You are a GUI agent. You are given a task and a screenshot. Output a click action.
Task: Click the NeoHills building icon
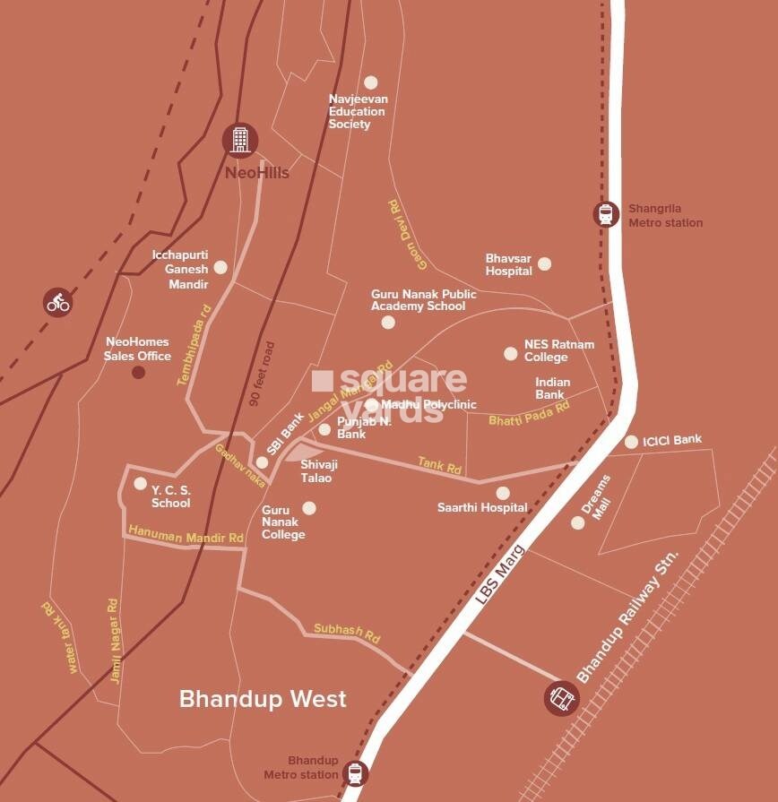239,139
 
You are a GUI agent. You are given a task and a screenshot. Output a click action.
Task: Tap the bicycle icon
58,302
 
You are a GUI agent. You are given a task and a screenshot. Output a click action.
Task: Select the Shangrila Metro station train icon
607,214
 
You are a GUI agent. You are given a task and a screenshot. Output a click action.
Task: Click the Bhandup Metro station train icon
356,773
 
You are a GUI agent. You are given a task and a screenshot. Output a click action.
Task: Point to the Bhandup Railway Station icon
561,698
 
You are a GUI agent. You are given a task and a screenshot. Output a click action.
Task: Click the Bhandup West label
263,699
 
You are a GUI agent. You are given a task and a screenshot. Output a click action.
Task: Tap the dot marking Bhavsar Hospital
544,263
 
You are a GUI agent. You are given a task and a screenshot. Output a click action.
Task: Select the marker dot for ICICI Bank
631,441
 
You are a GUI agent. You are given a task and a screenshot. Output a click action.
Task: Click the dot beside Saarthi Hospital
503,493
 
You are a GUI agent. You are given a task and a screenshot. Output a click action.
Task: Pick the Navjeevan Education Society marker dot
371,82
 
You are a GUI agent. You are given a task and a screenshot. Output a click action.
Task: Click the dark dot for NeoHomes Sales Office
138,372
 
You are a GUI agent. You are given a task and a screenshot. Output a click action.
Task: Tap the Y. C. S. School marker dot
140,483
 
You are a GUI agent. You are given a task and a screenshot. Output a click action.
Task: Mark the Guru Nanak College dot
309,508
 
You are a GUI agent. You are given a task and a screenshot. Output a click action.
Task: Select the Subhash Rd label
347,633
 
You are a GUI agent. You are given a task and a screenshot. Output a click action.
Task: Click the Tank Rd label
439,464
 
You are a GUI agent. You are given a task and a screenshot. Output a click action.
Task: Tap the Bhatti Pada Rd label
529,414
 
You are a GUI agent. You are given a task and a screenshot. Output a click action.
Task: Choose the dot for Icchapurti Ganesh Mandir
220,267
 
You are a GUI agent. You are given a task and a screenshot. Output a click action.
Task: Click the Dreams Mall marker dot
578,522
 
